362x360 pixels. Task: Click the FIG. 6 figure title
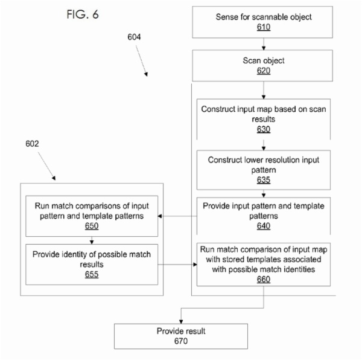[83, 14]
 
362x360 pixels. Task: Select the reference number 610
[264, 27]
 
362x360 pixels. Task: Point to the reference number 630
[264, 129]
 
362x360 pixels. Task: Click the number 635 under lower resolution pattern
[264, 180]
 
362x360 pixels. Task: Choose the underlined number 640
[264, 226]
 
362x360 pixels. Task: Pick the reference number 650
[92, 226]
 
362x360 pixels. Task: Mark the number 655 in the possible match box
[92, 274]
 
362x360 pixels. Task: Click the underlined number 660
[264, 279]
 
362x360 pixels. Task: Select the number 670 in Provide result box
[181, 341]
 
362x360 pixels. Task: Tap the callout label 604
[134, 37]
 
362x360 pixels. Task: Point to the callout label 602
[32, 144]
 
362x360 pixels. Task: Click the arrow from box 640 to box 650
[177, 216]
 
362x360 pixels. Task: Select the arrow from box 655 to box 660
[177, 265]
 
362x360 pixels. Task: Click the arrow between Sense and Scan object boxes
[264, 44]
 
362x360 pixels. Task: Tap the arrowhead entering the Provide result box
[181, 321]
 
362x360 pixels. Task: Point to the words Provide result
[181, 331]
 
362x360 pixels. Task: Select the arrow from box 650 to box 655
[92, 240]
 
